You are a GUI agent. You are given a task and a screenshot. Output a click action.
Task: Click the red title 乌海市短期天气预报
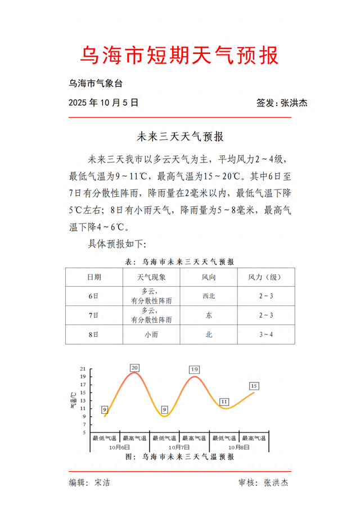(x=180, y=56)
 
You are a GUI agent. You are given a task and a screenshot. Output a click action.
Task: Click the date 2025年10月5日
(x=103, y=103)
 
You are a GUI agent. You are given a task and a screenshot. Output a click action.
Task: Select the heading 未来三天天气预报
(x=180, y=136)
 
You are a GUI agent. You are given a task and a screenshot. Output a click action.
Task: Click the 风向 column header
(x=209, y=277)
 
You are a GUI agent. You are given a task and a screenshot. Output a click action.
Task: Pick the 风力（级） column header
(x=265, y=277)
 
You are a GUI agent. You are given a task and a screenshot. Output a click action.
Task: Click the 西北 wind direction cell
(x=209, y=296)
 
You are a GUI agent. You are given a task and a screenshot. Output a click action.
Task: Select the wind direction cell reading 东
(x=209, y=315)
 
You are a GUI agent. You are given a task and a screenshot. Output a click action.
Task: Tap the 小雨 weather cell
(x=151, y=335)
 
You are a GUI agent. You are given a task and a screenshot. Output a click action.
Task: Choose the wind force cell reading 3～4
(x=265, y=335)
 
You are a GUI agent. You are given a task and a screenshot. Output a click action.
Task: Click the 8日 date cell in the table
(x=93, y=335)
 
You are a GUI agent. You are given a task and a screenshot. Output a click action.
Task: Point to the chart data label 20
(x=134, y=368)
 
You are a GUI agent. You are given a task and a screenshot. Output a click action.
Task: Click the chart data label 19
(x=194, y=369)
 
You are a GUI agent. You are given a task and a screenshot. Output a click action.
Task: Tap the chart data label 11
(x=224, y=402)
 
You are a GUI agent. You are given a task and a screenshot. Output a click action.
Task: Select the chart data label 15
(x=254, y=386)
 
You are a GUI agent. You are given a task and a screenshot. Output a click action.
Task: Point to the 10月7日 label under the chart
(x=179, y=447)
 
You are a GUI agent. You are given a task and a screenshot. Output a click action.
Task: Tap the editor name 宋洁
(x=102, y=483)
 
